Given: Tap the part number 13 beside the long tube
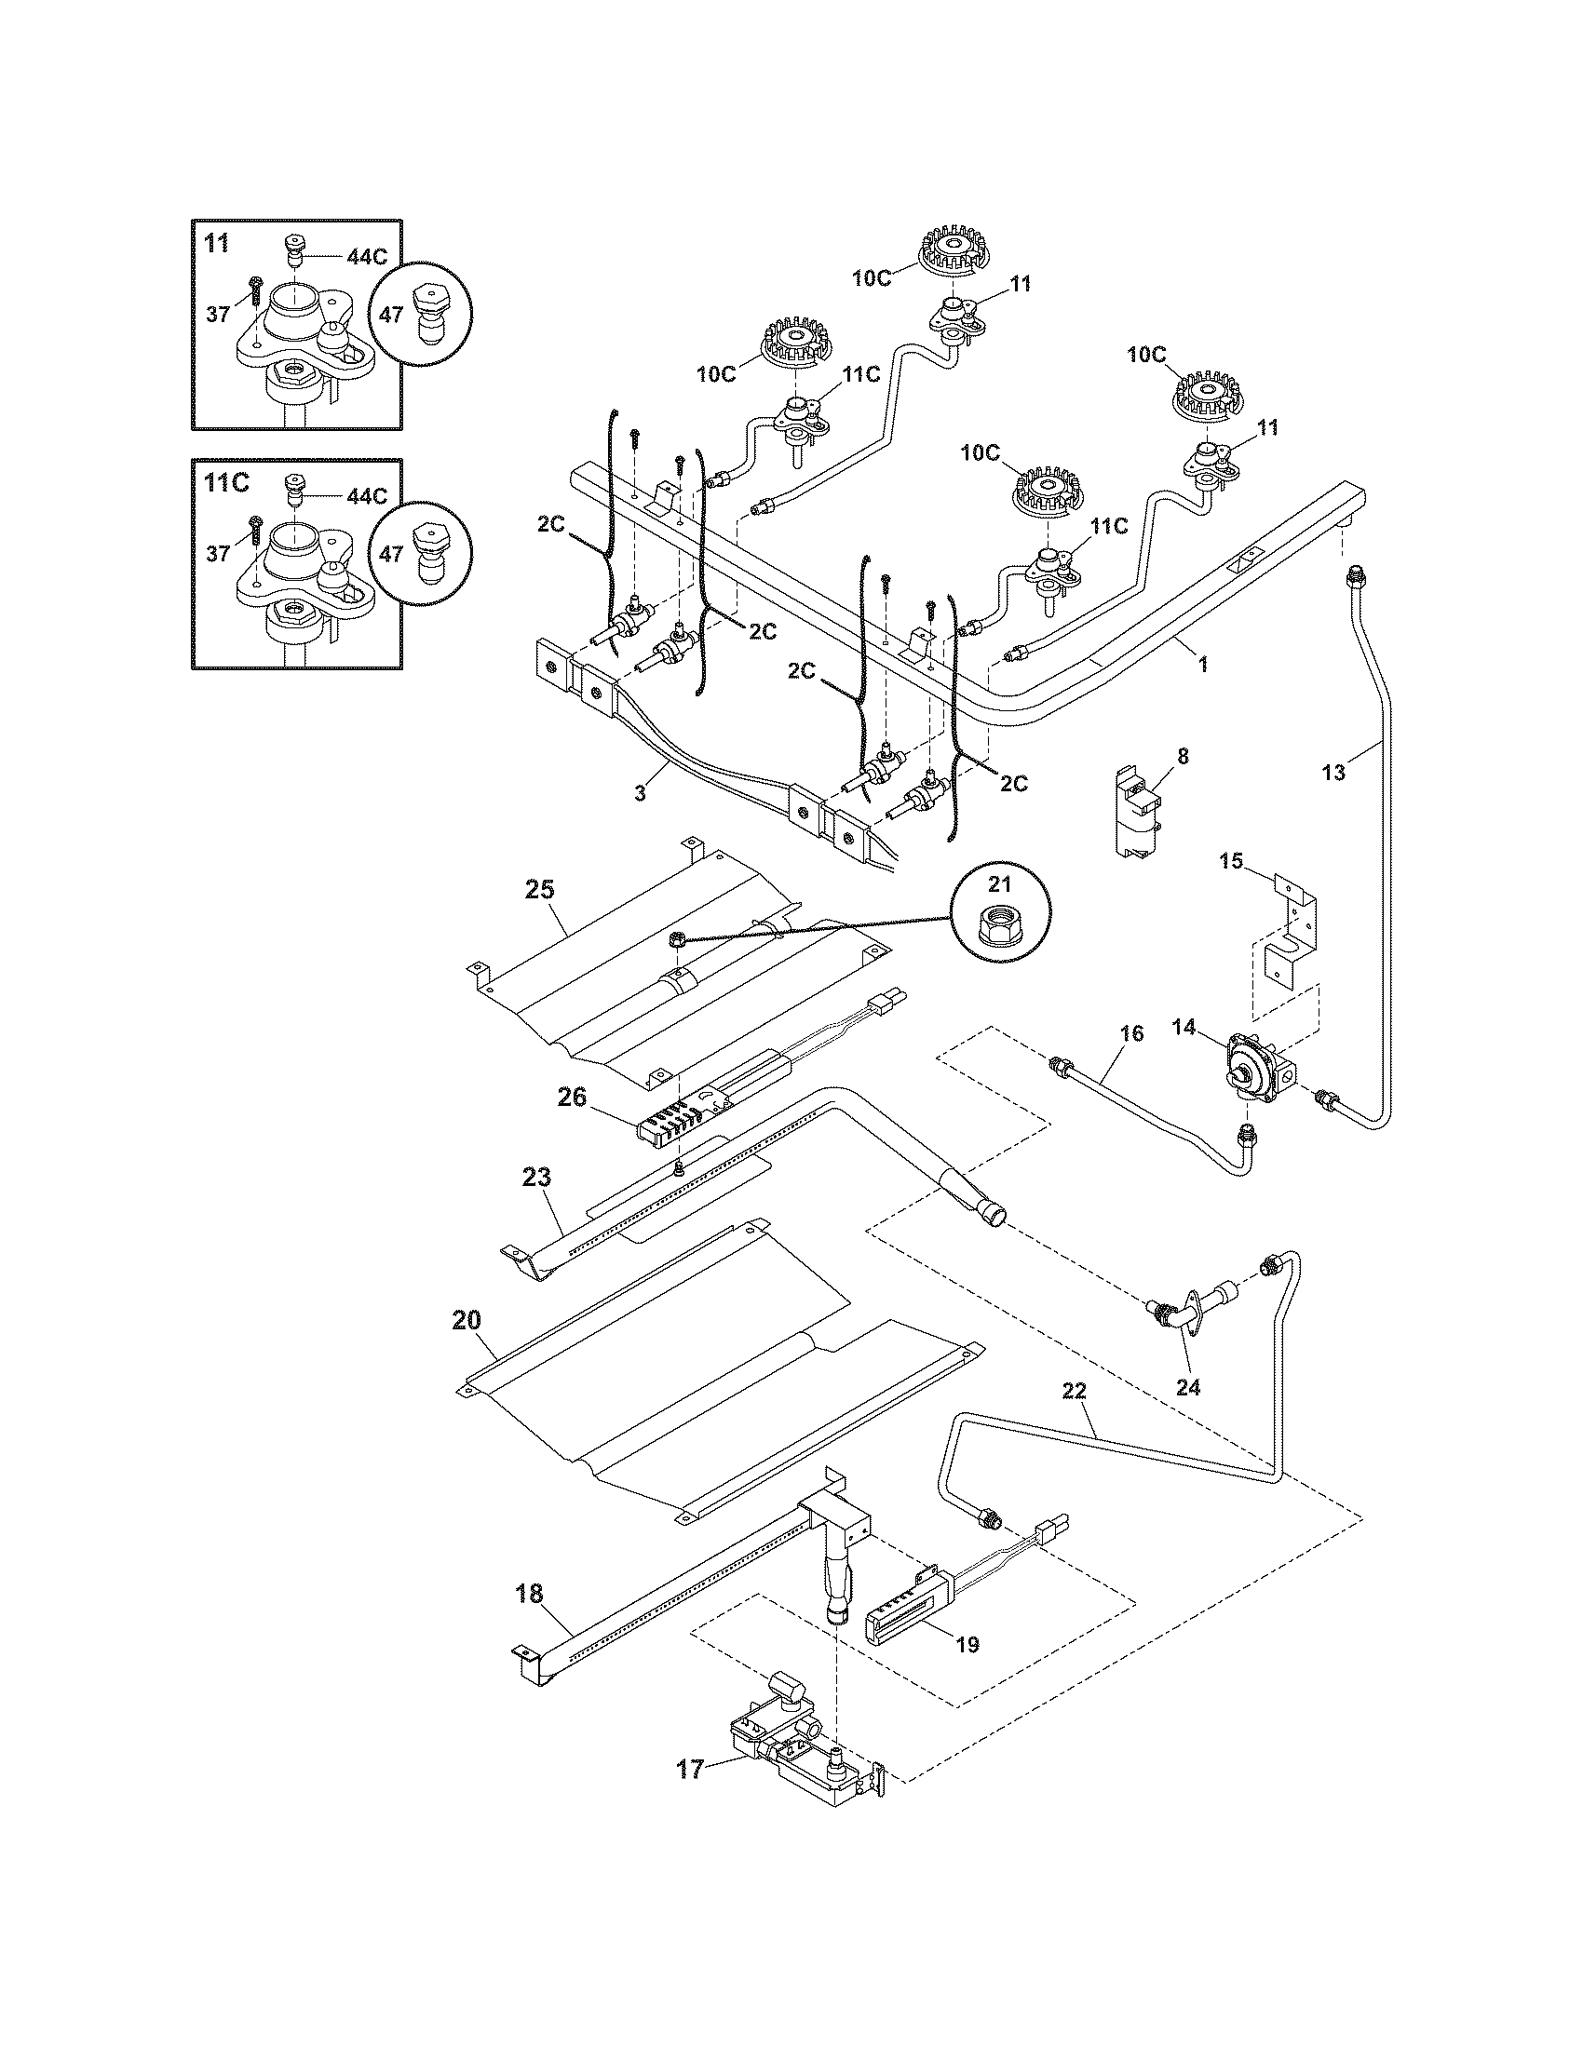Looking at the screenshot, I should click(1333, 772).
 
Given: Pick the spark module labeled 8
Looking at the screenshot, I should click(1136, 812).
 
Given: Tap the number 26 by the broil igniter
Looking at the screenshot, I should click(572, 1097).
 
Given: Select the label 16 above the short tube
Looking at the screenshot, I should click(1132, 1033).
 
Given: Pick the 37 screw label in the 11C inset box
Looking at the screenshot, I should click(218, 554).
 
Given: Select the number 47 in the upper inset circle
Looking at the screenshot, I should click(391, 314).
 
